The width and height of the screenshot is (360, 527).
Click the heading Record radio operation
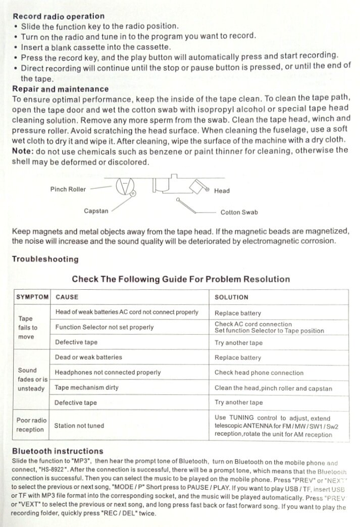[59, 16]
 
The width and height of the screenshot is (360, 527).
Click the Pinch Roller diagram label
[68, 189]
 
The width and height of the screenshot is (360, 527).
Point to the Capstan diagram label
[96, 211]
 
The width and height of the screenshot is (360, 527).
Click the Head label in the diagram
[222, 191]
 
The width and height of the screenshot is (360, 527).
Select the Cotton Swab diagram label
[239, 213]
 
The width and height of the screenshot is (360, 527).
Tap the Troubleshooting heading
[45, 259]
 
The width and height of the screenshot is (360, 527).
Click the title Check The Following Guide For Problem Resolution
[181, 279]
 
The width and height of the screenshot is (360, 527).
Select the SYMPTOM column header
[32, 297]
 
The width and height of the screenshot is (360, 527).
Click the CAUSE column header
[67, 297]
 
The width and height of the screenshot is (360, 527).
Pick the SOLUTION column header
[231, 297]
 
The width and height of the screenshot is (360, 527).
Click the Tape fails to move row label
[28, 328]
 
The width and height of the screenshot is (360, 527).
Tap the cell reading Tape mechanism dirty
[86, 388]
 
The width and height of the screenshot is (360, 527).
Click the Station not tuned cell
[79, 426]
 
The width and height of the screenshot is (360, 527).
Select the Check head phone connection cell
[259, 373]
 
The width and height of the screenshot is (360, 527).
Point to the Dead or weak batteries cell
[88, 357]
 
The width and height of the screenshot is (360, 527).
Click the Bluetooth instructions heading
[58, 451]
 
